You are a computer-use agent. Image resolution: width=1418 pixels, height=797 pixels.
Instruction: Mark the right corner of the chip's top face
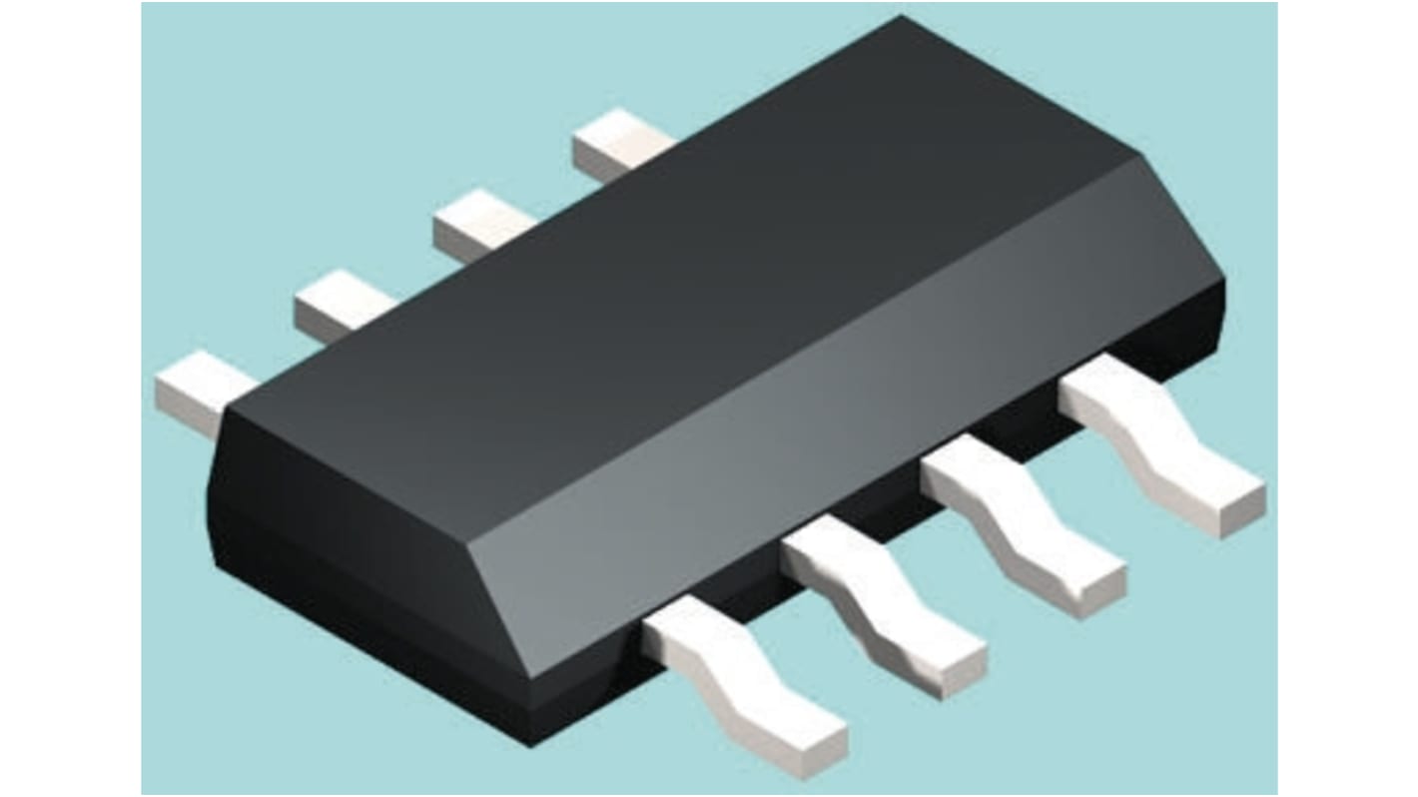point(1138,155)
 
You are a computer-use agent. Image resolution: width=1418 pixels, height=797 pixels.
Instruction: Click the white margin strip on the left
point(70,399)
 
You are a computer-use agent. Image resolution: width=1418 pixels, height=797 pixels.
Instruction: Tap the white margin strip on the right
point(1348,399)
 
